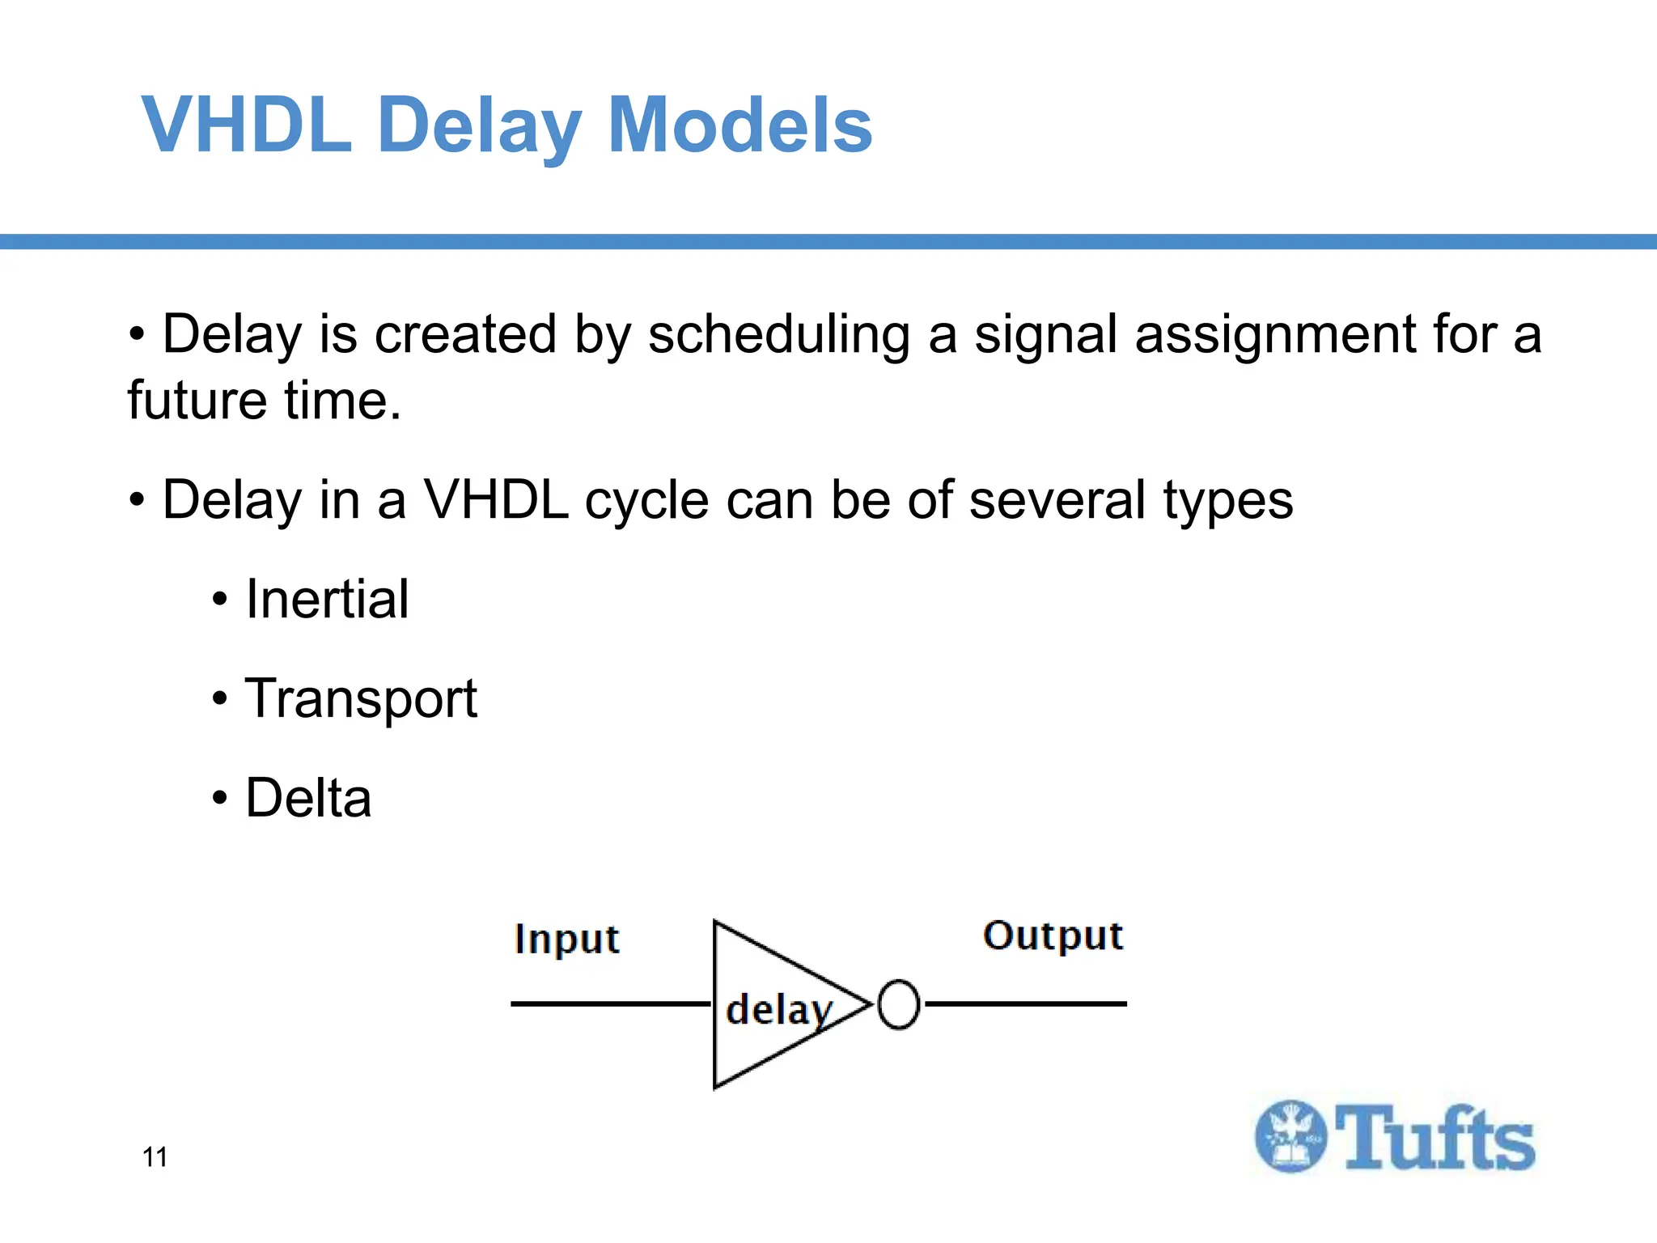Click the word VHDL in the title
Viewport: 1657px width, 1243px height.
247,125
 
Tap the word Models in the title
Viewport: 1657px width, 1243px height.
740,125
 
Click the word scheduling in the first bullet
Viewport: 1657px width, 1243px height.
778,335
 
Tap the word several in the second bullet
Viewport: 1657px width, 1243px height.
1057,500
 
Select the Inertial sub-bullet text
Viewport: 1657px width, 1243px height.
327,600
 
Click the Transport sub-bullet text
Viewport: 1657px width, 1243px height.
361,699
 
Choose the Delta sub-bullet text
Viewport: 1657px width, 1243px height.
308,799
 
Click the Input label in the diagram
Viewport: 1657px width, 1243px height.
566,940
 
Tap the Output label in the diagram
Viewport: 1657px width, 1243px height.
1053,936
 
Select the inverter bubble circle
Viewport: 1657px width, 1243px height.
898,1004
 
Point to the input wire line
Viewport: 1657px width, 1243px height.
611,1003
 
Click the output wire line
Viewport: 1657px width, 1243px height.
1026,1003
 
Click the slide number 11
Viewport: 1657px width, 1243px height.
155,1157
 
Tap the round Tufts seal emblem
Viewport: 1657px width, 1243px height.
1291,1136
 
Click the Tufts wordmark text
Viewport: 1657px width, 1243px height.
1435,1138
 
